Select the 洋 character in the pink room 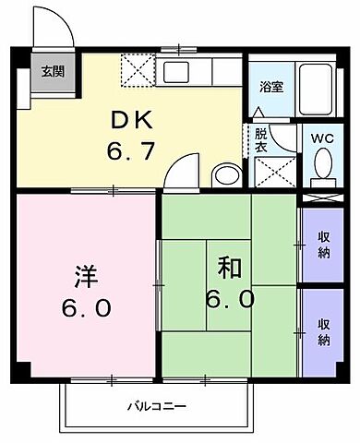click(82, 274)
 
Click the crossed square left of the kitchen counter click(138, 69)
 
